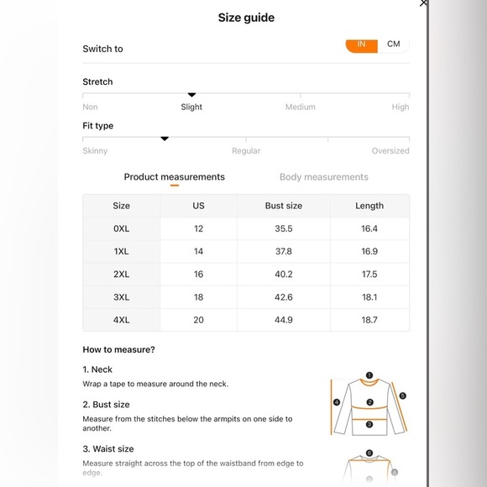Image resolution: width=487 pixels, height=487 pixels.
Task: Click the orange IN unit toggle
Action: click(x=362, y=46)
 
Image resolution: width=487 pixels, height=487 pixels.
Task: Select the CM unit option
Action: click(x=394, y=44)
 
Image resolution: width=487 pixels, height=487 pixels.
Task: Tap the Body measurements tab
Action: click(x=323, y=176)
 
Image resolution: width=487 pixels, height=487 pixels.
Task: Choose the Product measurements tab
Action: click(x=175, y=176)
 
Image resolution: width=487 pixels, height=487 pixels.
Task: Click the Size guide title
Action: click(x=246, y=18)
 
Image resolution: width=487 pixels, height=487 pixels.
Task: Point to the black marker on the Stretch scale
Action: click(x=191, y=95)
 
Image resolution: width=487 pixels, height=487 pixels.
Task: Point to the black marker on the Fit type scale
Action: click(x=165, y=139)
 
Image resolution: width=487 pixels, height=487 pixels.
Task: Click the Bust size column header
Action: click(x=284, y=206)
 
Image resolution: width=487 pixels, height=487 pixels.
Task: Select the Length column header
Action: click(x=369, y=206)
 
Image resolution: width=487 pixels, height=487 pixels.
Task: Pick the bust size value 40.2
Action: click(x=284, y=275)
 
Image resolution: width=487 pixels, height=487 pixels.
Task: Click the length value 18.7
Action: click(x=369, y=320)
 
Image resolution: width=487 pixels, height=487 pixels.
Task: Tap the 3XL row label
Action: click(x=121, y=297)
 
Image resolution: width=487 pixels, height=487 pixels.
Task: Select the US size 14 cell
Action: click(x=198, y=251)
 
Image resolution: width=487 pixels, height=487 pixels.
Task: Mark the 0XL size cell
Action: click(x=121, y=228)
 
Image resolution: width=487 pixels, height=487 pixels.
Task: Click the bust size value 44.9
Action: click(x=284, y=320)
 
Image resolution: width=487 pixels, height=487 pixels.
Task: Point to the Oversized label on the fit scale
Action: click(x=390, y=151)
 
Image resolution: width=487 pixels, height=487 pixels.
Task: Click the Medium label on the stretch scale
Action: click(x=301, y=107)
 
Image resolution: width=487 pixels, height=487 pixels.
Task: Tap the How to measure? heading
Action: click(x=118, y=350)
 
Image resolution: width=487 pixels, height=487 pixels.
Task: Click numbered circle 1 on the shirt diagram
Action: click(x=369, y=375)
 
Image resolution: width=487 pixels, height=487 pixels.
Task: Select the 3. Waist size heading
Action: click(x=108, y=449)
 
